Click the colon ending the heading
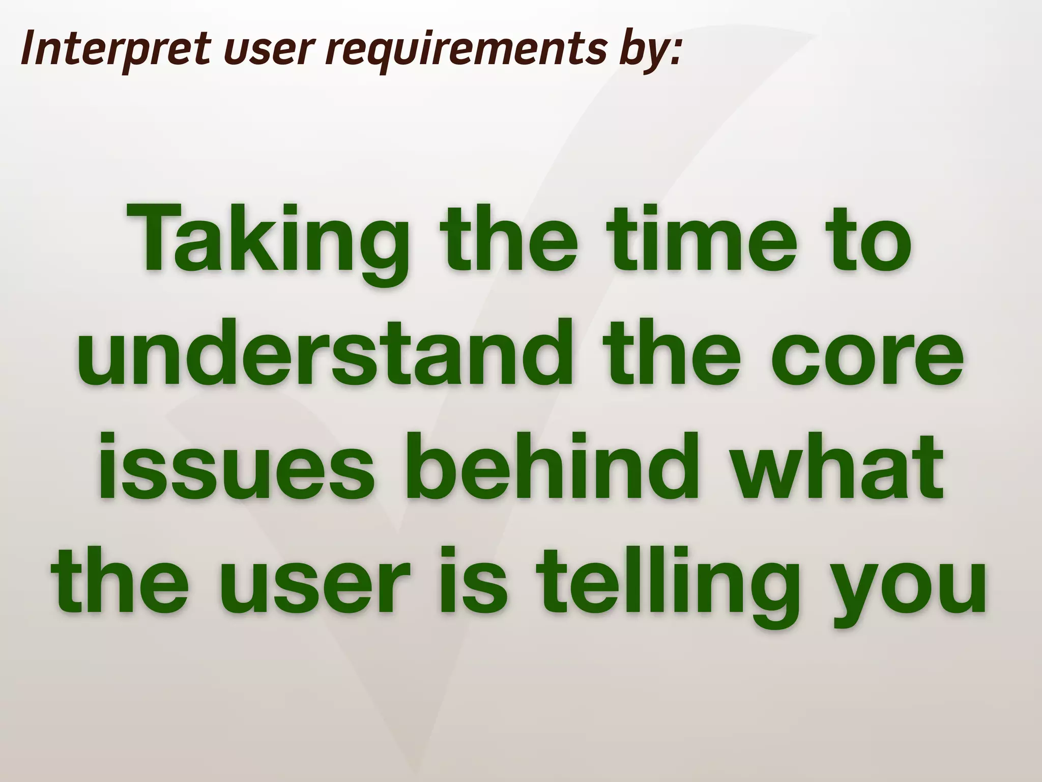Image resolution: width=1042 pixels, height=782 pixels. pos(674,53)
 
